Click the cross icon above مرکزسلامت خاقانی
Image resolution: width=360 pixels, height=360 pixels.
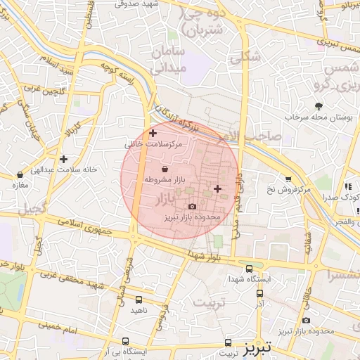[x=153, y=133]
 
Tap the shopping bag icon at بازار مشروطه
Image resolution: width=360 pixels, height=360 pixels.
[x=165, y=169]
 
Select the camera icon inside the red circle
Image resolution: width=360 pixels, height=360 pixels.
[x=193, y=206]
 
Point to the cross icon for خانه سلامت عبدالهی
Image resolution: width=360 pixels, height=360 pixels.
[x=64, y=159]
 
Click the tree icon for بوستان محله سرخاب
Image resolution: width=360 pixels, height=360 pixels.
[x=319, y=105]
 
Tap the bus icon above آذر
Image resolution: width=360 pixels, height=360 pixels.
[x=259, y=293]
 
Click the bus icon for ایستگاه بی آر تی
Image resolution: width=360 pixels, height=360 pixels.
[x=125, y=340]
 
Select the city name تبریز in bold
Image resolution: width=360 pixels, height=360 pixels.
[x=262, y=348]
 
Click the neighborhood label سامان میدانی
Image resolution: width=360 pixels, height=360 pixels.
[x=167, y=60]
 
